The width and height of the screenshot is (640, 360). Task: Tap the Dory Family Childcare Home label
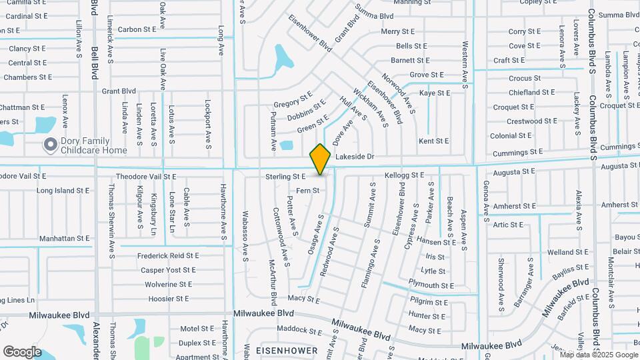point(93,145)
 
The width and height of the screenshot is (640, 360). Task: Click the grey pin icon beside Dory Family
point(49,145)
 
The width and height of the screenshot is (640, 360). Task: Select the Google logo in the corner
point(22,351)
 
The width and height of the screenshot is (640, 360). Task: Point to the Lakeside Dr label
point(355,157)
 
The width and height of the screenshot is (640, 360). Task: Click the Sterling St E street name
point(285,177)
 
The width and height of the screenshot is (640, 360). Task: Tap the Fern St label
point(308,191)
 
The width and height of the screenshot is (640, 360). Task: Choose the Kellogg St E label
point(405,175)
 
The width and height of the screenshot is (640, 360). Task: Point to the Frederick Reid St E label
point(168,255)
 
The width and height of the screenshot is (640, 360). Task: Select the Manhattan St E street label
point(64,238)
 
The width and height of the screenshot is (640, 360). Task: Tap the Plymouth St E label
point(431,285)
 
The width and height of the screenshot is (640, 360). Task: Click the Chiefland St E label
point(531,93)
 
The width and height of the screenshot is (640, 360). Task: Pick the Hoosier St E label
point(169,299)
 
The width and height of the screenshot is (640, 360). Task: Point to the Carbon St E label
point(138,30)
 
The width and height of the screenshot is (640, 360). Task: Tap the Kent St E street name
point(433,141)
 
